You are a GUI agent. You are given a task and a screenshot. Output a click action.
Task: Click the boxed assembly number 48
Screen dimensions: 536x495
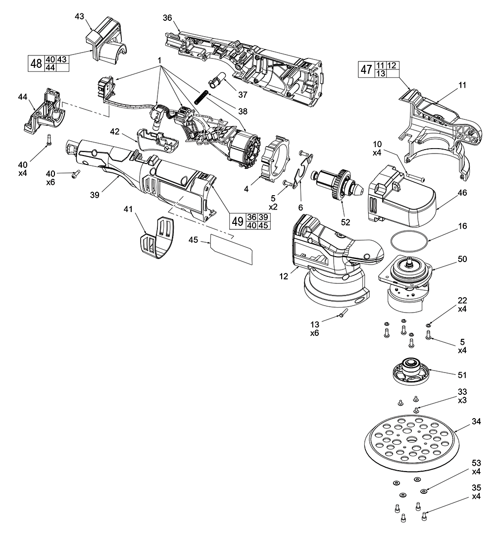[36, 64]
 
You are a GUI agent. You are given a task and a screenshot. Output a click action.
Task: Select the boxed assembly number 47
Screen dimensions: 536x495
[366, 70]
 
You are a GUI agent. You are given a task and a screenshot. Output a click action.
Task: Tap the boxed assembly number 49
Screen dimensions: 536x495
[237, 221]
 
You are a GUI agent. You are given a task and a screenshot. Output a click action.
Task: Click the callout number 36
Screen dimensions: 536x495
[167, 18]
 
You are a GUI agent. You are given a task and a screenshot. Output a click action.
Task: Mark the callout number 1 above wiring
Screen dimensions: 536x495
[160, 60]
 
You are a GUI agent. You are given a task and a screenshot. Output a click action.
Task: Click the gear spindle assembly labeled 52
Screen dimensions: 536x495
[334, 183]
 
